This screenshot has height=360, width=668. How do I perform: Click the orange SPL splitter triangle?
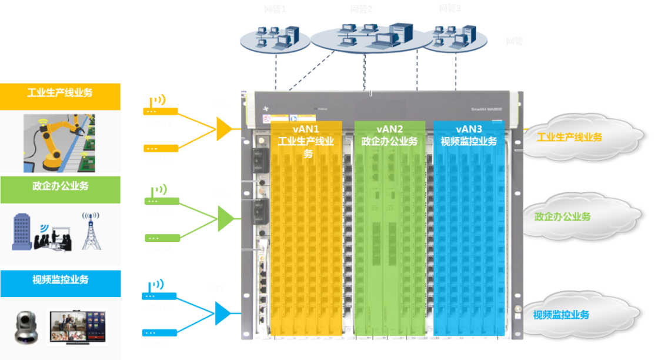(x=223, y=129)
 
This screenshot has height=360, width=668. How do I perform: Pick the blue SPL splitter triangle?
(x=223, y=314)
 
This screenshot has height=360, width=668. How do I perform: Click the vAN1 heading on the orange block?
(x=306, y=129)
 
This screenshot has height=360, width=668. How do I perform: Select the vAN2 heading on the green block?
(x=389, y=129)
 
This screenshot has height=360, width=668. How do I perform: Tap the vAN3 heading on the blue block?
(x=469, y=129)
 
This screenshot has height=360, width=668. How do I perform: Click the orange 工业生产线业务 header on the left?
(x=60, y=93)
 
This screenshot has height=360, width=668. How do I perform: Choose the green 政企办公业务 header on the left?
(x=60, y=186)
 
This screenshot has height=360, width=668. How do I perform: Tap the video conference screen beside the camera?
(x=78, y=326)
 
